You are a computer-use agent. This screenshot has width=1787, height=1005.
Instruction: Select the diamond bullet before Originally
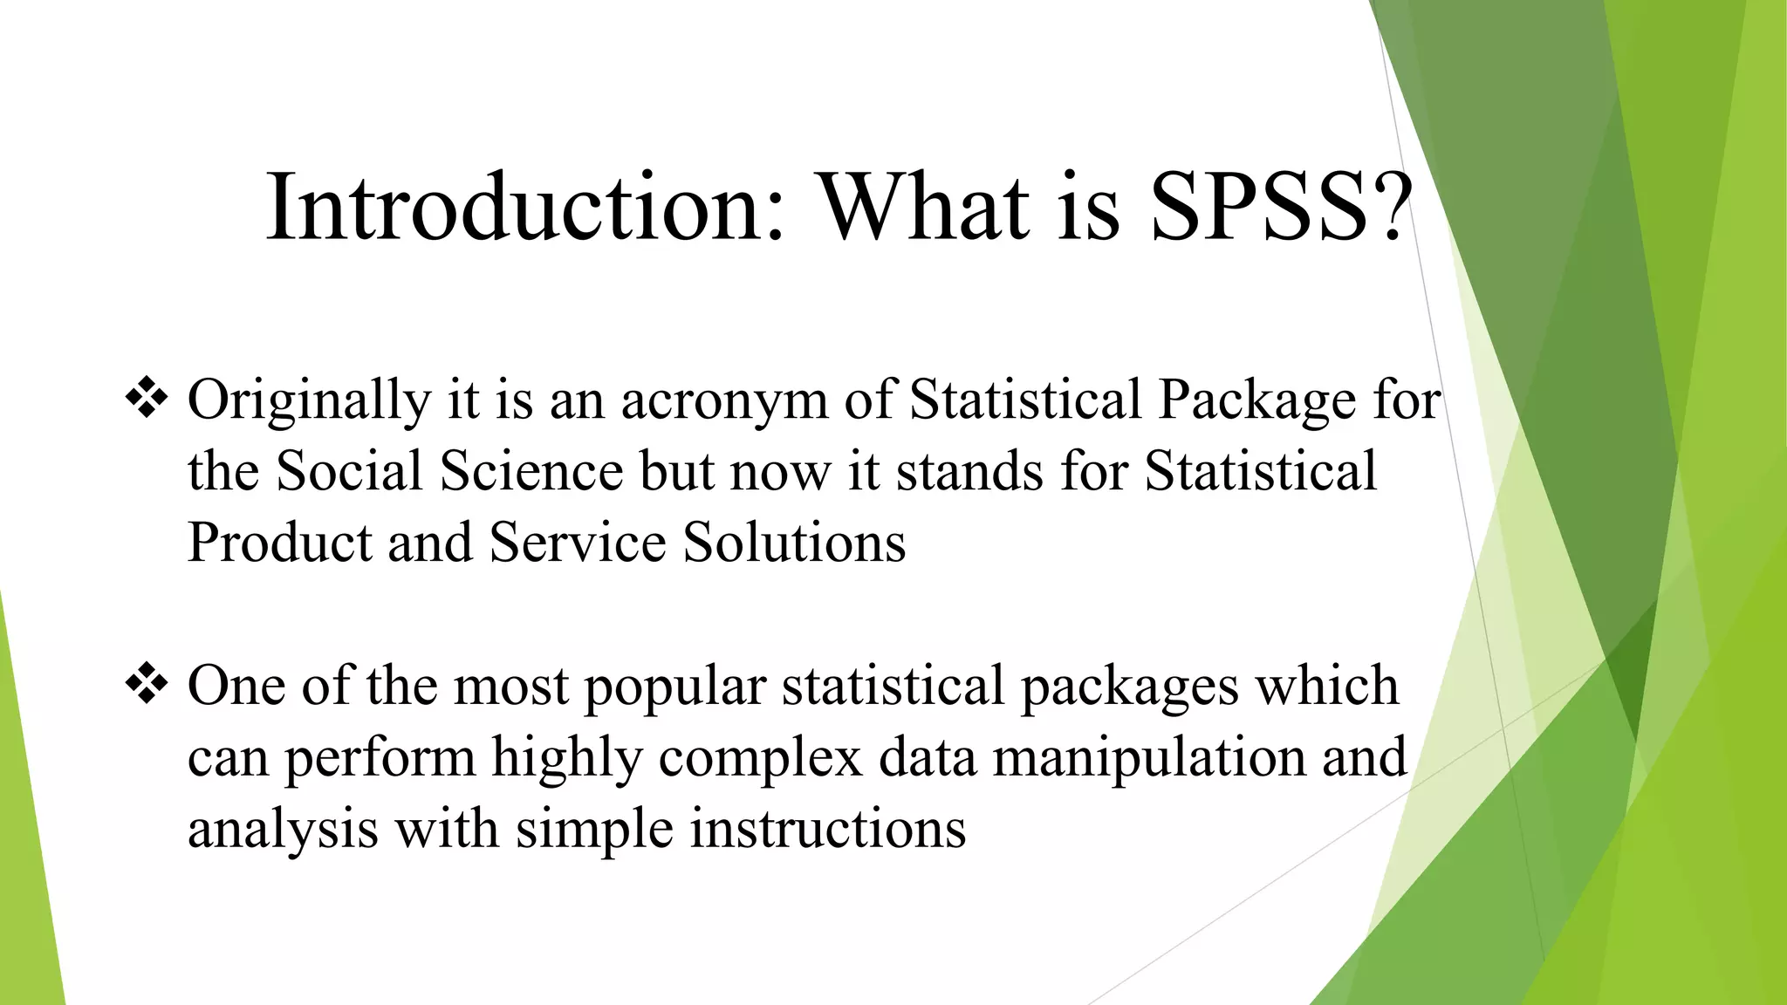tap(147, 398)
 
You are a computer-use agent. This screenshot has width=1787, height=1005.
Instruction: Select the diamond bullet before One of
tap(147, 684)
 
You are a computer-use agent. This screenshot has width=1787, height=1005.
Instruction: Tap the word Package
tap(1257, 401)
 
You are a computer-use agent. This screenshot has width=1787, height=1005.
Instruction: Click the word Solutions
tap(794, 543)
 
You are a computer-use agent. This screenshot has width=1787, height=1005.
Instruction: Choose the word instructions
tap(828, 829)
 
